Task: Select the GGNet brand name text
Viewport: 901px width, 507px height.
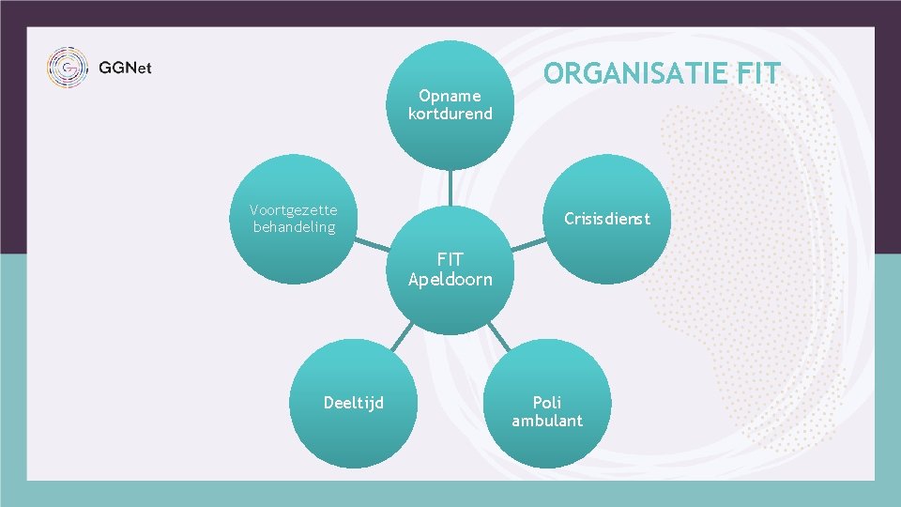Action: click(125, 69)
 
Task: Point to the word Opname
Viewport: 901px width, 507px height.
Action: click(450, 95)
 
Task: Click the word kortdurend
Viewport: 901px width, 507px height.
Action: click(450, 114)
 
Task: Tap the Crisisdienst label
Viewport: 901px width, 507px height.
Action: click(606, 219)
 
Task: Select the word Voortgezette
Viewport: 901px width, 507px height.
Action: click(293, 209)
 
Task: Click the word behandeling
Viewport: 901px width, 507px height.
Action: click(293, 227)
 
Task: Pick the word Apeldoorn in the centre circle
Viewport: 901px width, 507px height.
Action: click(450, 279)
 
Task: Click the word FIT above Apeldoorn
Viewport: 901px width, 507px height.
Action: click(450, 260)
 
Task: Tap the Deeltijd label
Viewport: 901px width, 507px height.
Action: click(353, 403)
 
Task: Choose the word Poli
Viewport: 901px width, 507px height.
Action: click(546, 402)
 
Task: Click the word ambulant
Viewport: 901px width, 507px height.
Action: click(546, 421)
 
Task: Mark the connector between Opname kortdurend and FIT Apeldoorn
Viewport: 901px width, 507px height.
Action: click(450, 188)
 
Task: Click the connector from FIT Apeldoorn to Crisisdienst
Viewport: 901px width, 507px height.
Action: click(528, 244)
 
